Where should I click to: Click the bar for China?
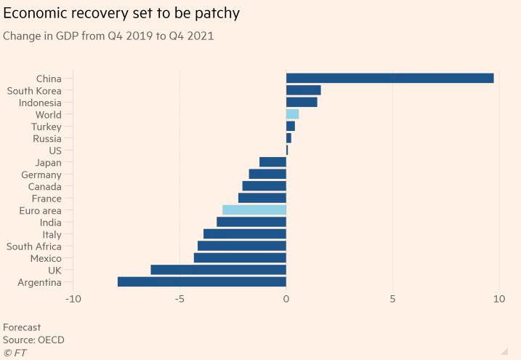click(x=389, y=78)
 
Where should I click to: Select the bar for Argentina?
click(x=201, y=282)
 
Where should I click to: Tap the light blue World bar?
click(x=292, y=114)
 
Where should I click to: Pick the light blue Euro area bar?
click(x=254, y=210)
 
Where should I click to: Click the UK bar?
click(x=218, y=270)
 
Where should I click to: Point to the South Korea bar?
click(x=303, y=90)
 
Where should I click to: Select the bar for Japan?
click(x=272, y=162)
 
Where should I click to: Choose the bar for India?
click(x=251, y=222)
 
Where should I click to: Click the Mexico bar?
click(x=240, y=258)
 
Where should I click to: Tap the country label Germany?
click(x=41, y=175)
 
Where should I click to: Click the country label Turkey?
click(x=47, y=127)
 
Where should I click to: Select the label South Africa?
click(x=34, y=246)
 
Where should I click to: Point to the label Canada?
click(x=44, y=186)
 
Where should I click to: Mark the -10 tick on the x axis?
click(x=73, y=300)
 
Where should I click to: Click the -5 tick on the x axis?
click(x=179, y=300)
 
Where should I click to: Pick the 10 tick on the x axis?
click(x=499, y=300)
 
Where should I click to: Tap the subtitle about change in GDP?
click(x=108, y=36)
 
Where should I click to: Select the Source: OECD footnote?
click(x=33, y=340)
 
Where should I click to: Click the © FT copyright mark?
click(x=15, y=352)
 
